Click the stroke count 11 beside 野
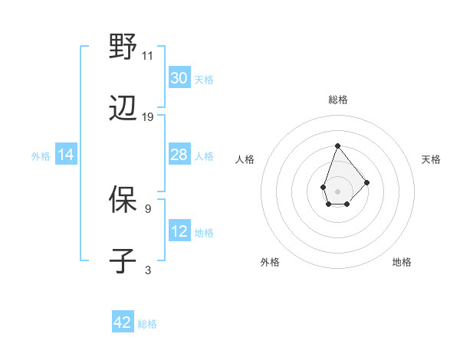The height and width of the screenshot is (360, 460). coord(148,55)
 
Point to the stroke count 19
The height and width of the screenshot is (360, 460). coord(148,117)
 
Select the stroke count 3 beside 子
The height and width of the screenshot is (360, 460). coord(148,270)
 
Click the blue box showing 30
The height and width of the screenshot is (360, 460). coord(179,78)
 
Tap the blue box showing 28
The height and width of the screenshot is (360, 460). coord(179,155)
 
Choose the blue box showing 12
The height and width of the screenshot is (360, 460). coord(179,231)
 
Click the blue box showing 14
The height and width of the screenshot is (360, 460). coord(66,155)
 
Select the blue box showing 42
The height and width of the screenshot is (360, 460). coord(123,322)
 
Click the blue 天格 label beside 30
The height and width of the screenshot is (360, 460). coord(204,79)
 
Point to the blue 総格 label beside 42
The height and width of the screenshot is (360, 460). coord(147,324)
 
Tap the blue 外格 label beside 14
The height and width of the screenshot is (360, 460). coord(41,155)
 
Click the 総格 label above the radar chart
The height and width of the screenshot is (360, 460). coord(338,100)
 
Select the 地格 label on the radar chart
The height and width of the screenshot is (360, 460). coord(402,263)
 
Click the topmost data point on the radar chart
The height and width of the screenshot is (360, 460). coord(337,146)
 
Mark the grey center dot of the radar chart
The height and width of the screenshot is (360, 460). coord(337,190)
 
